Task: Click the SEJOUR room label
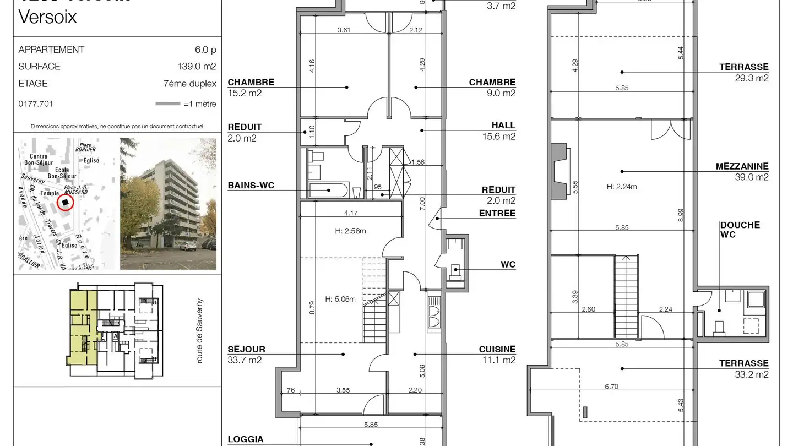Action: coord(246,349)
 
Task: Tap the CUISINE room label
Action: coord(497,349)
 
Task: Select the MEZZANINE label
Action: coord(742,166)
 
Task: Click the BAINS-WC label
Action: coord(251,186)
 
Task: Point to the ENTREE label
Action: coord(497,213)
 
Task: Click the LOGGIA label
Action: coord(246,439)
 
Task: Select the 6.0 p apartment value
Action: coord(205,50)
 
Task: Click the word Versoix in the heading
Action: coord(47,18)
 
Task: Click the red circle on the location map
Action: coord(66,202)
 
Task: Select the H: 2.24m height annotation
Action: coord(622,187)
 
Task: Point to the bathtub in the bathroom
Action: coord(328,191)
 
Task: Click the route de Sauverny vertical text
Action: coord(200,331)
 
